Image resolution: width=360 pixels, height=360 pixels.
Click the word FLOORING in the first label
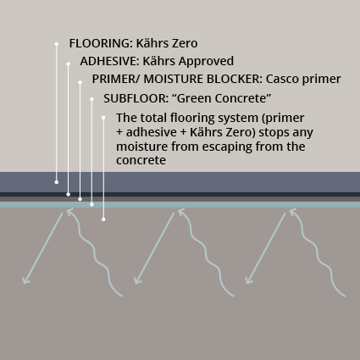click(101, 43)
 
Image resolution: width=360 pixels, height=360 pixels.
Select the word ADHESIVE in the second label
click(109, 61)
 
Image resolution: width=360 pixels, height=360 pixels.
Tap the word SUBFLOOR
click(136, 98)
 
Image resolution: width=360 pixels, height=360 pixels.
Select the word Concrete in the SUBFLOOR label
click(243, 98)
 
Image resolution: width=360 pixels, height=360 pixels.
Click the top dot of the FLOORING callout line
click(57, 44)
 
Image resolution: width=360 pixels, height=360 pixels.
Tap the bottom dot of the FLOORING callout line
click(57, 182)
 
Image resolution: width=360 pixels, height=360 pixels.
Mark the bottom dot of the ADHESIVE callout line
click(68, 194)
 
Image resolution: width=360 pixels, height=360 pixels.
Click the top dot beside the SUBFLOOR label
click(91, 99)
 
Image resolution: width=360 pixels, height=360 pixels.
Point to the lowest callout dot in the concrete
click(103, 219)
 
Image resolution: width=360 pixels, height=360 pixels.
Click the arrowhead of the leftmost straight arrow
click(25, 281)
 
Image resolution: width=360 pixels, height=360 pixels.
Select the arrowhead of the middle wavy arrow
click(180, 211)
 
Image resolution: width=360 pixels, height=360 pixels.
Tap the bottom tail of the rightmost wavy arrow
click(344, 296)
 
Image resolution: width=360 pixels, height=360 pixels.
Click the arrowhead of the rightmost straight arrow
click(248, 281)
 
